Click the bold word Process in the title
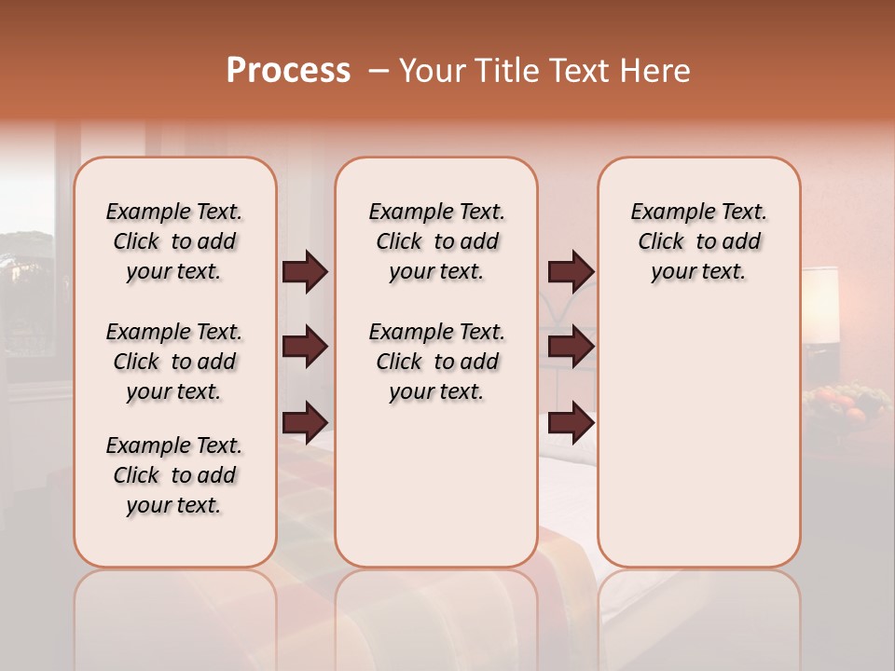(x=288, y=71)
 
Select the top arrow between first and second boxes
(x=305, y=272)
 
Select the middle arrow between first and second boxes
(x=305, y=348)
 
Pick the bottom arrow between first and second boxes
(x=305, y=423)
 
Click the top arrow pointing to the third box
(x=571, y=272)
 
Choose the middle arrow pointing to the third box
(x=571, y=348)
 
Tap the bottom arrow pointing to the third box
(x=571, y=423)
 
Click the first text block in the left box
(x=174, y=241)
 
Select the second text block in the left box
(x=174, y=362)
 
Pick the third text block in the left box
(x=174, y=475)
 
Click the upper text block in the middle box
(x=436, y=241)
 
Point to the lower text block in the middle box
(x=436, y=362)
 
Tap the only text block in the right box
(x=698, y=241)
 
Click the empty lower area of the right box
(x=698, y=447)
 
